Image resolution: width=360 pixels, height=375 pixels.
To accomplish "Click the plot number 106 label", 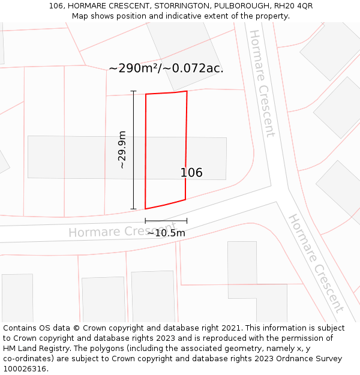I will [191, 173].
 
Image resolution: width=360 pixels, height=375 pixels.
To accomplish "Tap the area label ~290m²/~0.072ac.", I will [166, 68].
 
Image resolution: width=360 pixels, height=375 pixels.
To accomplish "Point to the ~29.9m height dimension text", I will [122, 149].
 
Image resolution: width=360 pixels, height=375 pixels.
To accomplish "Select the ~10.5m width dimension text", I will [166, 233].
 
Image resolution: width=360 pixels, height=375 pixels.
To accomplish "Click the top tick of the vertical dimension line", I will [133, 91].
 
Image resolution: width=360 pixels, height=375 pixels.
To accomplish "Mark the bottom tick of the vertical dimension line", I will [133, 209].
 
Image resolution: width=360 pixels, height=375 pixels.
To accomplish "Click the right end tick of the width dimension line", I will [187, 221].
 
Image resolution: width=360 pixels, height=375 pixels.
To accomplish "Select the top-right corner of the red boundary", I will [187, 91].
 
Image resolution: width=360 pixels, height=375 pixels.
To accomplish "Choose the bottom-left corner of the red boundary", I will [145, 209].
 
